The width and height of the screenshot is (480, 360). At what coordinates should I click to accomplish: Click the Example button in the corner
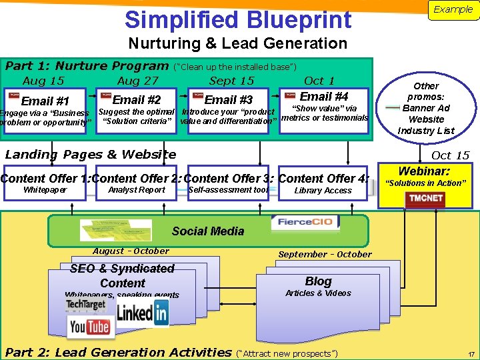[x=453, y=10]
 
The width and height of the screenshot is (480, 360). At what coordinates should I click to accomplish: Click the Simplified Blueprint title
[x=238, y=19]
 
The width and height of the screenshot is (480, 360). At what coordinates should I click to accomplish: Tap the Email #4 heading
[x=324, y=97]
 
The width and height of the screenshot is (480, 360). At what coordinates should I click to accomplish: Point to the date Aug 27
[x=137, y=81]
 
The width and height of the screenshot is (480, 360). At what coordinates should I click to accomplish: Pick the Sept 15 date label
[x=231, y=81]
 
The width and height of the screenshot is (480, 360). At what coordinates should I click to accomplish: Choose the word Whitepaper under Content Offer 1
[x=45, y=190]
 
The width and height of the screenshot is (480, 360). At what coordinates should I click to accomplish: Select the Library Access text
[x=323, y=191]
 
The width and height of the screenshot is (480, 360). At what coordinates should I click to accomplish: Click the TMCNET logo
[x=426, y=199]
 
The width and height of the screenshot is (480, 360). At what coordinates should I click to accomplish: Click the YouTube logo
[x=89, y=327]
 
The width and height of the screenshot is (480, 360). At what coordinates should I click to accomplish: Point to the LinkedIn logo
[x=142, y=312]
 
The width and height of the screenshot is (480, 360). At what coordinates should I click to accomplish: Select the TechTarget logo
[x=85, y=305]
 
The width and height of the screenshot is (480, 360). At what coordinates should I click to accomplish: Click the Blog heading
[x=318, y=281]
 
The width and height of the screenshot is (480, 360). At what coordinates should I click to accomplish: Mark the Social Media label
[x=207, y=231]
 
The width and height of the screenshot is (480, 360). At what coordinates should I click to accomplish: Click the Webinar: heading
[x=424, y=171]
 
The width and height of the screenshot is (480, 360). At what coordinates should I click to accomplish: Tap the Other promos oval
[x=426, y=108]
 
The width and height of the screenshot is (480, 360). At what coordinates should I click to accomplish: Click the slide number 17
[x=471, y=354]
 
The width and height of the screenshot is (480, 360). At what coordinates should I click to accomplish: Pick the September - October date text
[x=325, y=254]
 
